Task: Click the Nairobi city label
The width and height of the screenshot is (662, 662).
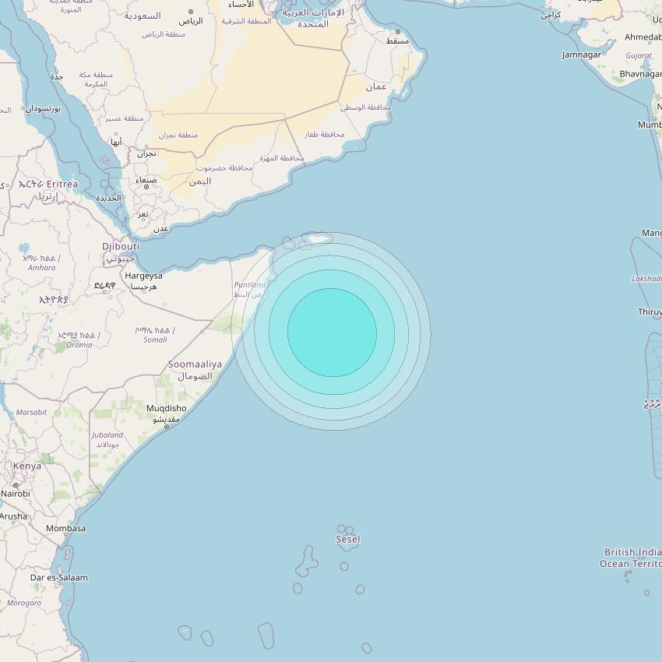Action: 16,494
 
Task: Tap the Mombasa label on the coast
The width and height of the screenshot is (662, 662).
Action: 66,528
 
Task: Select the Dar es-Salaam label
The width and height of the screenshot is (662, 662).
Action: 59,578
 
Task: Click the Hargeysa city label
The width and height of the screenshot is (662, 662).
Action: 143,276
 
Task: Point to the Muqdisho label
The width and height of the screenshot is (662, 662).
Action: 166,408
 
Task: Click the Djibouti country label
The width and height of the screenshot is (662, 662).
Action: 121,246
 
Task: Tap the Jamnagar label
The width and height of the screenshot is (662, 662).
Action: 582,55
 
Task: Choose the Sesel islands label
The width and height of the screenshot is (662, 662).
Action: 348,539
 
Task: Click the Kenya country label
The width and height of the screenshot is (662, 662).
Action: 27,466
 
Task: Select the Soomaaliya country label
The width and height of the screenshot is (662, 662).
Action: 195,364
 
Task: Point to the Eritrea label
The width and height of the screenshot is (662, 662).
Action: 62,184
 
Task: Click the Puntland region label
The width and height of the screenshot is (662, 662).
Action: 249,285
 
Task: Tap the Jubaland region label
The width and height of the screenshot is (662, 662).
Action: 107,435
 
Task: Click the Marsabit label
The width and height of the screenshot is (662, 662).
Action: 32,412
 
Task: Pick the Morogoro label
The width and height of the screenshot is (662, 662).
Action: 24,603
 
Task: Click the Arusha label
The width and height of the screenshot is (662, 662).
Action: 12,516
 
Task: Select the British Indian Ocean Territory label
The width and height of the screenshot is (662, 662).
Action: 632,558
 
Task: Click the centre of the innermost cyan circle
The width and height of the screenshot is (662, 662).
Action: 332,333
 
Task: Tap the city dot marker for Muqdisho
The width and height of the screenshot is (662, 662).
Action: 166,427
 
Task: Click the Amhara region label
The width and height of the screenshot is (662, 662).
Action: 42,268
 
